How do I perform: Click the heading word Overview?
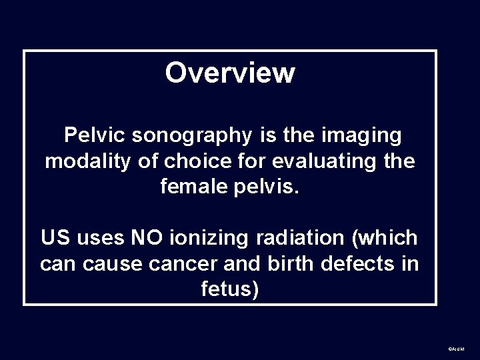coord(229,73)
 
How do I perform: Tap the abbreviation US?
coord(54,237)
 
